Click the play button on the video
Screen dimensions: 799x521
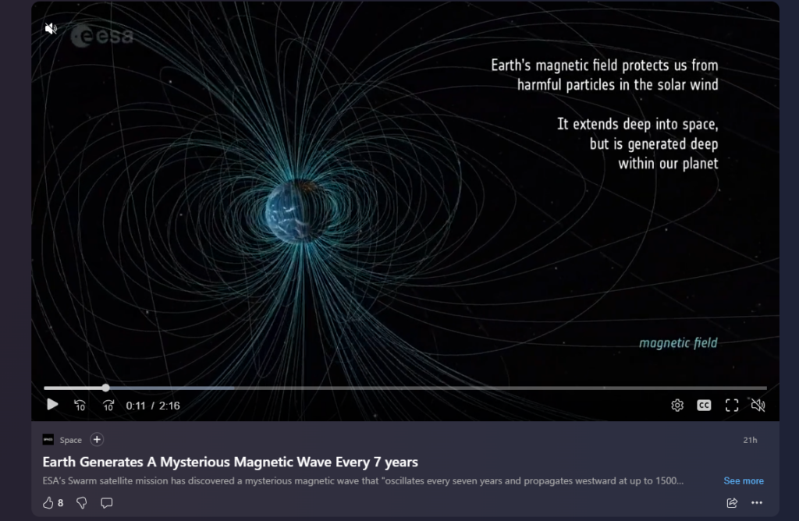click(x=52, y=405)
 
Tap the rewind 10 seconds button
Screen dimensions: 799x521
click(x=80, y=406)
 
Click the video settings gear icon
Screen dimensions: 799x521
click(x=677, y=406)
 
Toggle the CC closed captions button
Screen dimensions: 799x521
click(x=704, y=406)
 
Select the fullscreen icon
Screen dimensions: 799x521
click(x=732, y=406)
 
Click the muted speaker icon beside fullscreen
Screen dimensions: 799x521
click(x=758, y=406)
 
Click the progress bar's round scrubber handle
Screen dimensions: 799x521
click(x=105, y=388)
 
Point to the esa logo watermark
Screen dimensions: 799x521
click(x=102, y=36)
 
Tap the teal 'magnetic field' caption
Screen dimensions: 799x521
click(x=678, y=342)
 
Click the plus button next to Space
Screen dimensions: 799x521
click(x=97, y=440)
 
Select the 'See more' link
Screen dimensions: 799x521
click(x=744, y=480)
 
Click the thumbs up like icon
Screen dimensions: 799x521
click(x=48, y=503)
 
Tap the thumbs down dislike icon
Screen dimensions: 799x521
click(x=81, y=503)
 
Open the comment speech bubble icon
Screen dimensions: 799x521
click(x=106, y=503)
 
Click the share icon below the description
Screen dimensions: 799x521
click(x=732, y=503)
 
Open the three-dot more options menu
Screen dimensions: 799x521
click(x=757, y=503)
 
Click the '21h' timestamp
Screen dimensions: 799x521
click(x=750, y=440)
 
